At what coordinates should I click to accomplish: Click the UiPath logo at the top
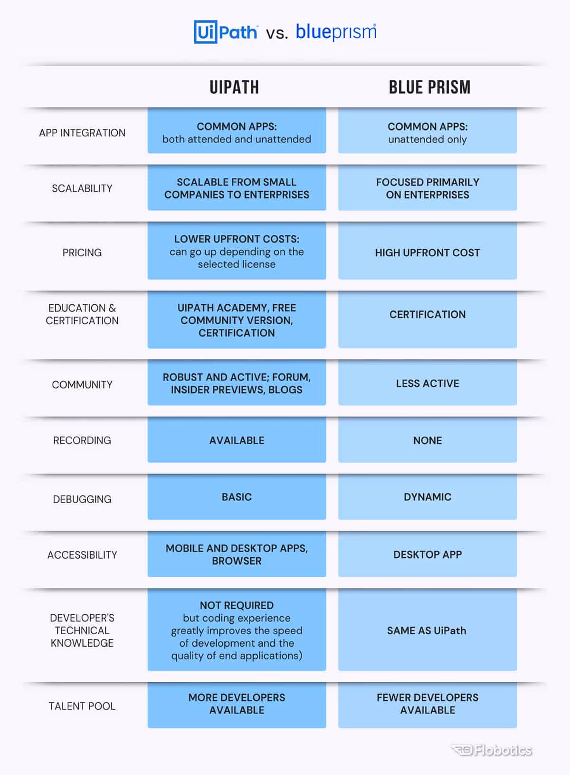pos(226,32)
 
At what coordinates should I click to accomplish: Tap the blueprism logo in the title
pos(336,32)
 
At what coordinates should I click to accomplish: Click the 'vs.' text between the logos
pos(277,33)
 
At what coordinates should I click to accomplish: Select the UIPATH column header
pos(234,87)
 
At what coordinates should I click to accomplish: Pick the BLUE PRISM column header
pos(429,87)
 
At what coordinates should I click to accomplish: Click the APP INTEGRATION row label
pos(82,133)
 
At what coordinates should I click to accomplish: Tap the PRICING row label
pos(82,252)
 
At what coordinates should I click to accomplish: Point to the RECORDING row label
pos(82,440)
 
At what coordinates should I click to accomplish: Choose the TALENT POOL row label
pos(82,706)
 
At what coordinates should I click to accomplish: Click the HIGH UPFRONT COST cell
pos(427,252)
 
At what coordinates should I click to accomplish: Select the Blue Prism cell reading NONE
pos(427,440)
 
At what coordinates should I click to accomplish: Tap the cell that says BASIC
pos(237,497)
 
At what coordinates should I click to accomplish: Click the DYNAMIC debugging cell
pos(427,497)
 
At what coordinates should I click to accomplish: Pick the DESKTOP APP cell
pos(427,554)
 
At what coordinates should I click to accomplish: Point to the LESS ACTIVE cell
pos(427,383)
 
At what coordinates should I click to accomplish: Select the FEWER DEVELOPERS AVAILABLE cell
pos(427,704)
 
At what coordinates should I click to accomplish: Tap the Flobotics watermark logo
pos(492,750)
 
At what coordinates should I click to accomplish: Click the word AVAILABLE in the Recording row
pos(237,440)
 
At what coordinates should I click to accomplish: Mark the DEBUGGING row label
pos(82,499)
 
